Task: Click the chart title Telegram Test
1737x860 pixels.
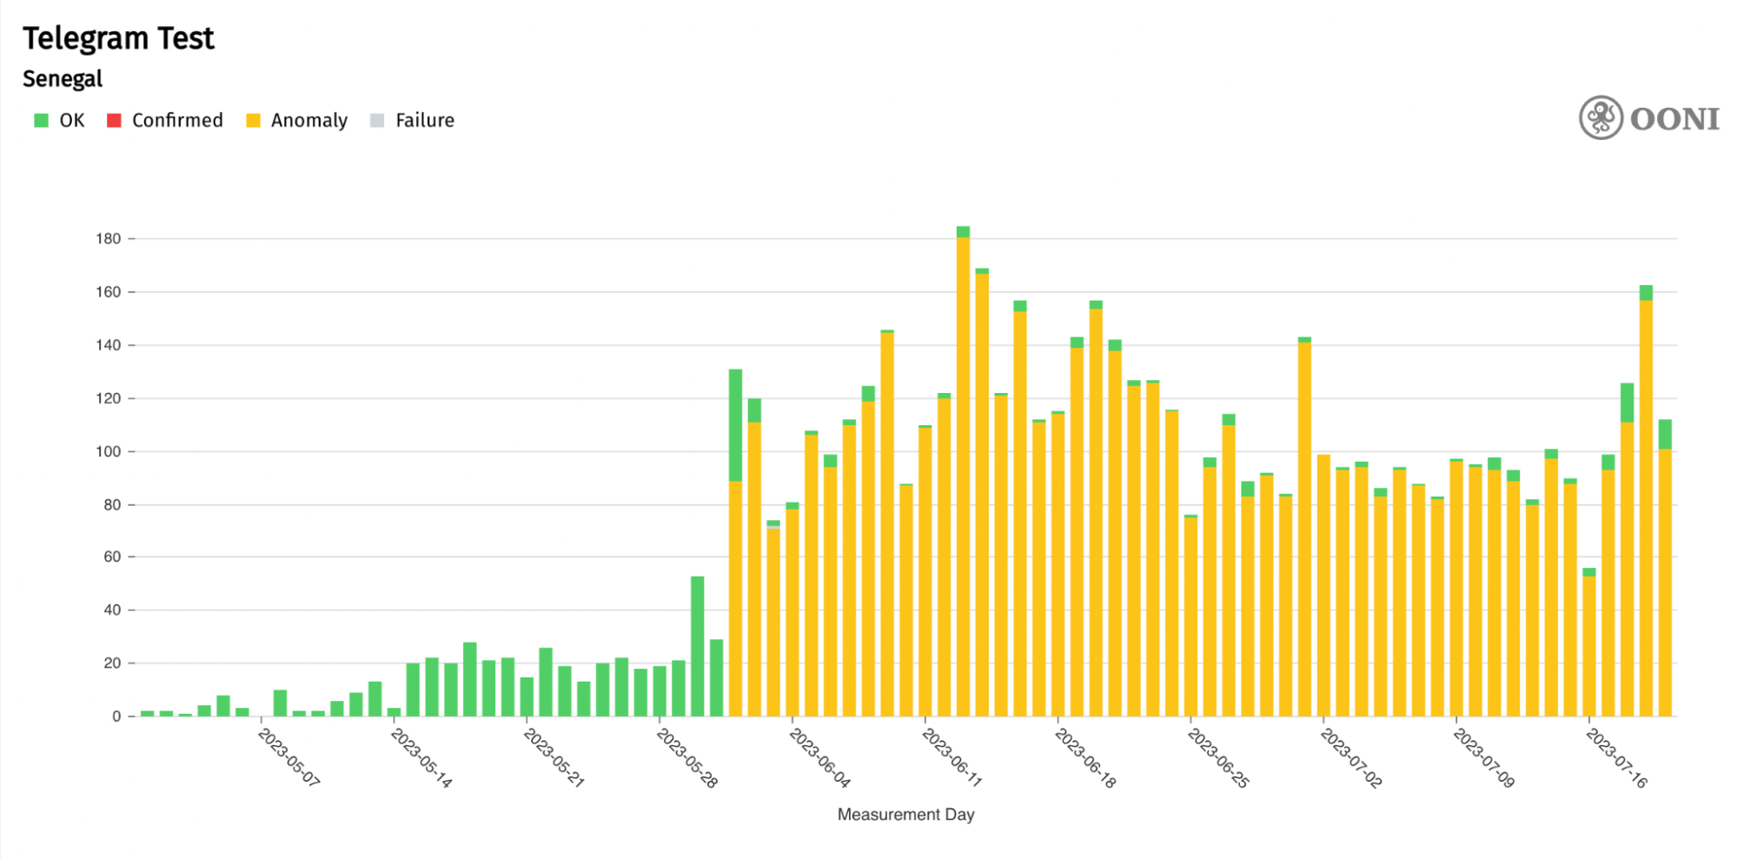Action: tap(118, 38)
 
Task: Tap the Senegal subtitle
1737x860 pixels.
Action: tap(63, 79)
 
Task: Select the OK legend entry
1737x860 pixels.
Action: tap(60, 120)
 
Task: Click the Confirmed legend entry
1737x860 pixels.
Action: tap(165, 120)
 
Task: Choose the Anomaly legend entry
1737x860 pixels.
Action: tap(297, 120)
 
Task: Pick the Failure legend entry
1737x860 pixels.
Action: tap(413, 120)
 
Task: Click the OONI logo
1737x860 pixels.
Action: tap(1648, 118)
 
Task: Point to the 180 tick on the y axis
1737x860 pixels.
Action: tap(109, 238)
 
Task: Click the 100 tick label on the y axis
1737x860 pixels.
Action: tap(109, 451)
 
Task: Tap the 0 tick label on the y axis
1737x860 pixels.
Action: tap(116, 717)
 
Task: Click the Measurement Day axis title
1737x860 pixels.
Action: tap(905, 815)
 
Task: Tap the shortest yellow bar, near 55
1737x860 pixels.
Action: tap(1589, 643)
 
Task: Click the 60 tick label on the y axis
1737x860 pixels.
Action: tap(112, 557)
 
